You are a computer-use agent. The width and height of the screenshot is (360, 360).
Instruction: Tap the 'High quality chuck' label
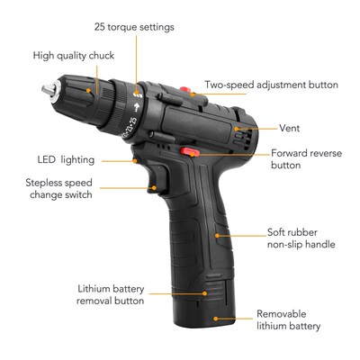pos(74,56)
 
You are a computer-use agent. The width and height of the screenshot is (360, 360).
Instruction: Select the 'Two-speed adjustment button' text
pos(271,85)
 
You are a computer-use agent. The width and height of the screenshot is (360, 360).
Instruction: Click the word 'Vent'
pos(289,128)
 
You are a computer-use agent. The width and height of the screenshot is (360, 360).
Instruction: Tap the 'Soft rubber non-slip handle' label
pos(300,238)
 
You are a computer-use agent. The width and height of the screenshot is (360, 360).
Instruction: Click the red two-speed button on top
pos(186,90)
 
